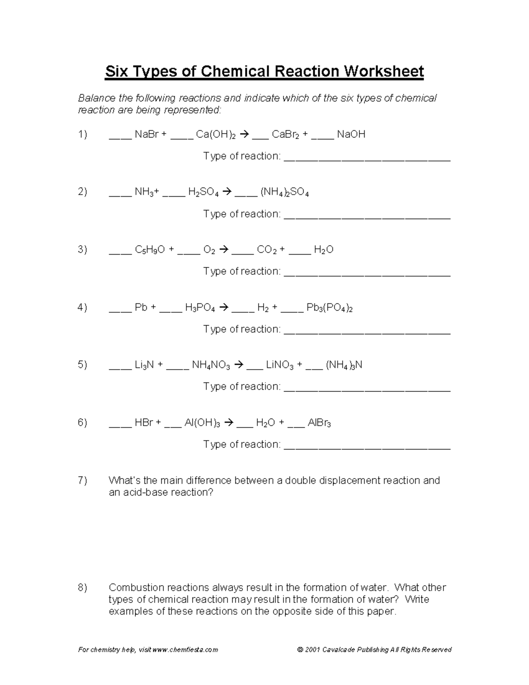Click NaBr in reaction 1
pyautogui.click(x=146, y=135)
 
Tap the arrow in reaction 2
pyautogui.click(x=226, y=192)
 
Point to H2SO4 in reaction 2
pyautogui.click(x=203, y=192)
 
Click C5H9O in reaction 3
pyautogui.click(x=150, y=250)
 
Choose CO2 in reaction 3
pyautogui.click(x=267, y=250)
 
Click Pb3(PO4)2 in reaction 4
pyautogui.click(x=329, y=308)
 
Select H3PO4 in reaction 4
pyautogui.click(x=200, y=308)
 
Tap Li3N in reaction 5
pyautogui.click(x=144, y=365)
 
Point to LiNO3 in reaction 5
pyautogui.click(x=279, y=365)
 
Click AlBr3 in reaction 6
pyautogui.click(x=319, y=423)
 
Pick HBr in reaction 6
pyautogui.click(x=144, y=423)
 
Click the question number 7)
pyautogui.click(x=82, y=480)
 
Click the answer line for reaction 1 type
pyautogui.click(x=367, y=160)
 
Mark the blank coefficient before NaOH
pyautogui.click(x=322, y=138)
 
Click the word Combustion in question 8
pyautogui.click(x=137, y=588)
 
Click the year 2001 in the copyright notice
pyautogui.click(x=312, y=650)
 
